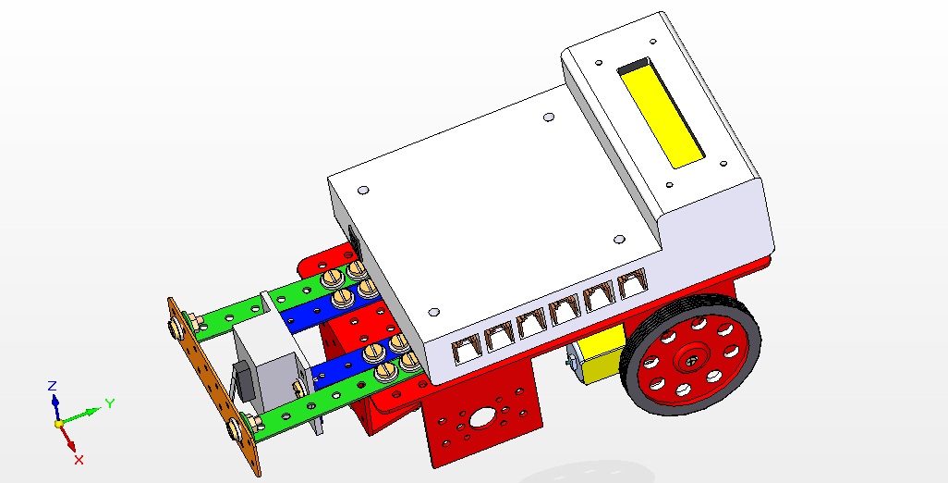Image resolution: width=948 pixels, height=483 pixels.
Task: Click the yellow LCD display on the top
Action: pos(661,114)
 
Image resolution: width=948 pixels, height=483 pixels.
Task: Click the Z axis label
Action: pos(53,385)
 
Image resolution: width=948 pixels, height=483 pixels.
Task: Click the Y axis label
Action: pos(109,402)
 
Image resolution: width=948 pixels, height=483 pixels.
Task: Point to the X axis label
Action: pos(79,459)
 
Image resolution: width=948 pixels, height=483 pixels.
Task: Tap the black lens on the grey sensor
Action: pos(244,379)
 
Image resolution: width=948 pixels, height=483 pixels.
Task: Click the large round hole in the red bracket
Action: pos(482,417)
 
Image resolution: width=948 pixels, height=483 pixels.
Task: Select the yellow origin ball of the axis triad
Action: pos(58,423)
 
